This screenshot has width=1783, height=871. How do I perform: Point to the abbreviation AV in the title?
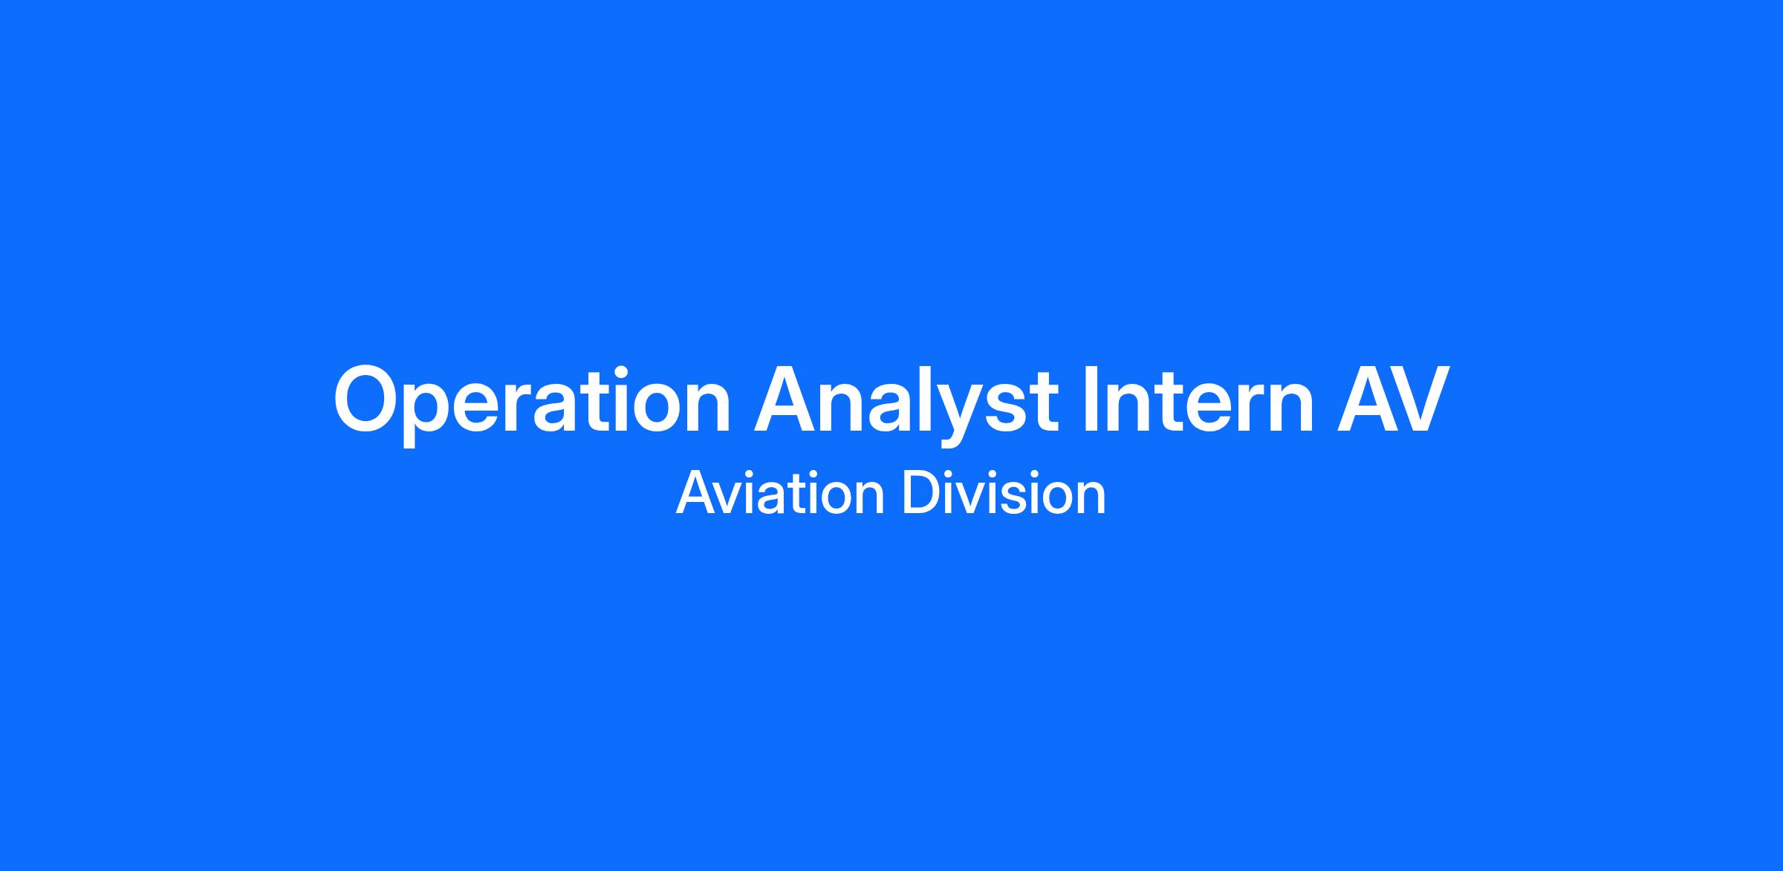coord(1392,399)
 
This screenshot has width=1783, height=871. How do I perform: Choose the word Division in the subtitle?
coord(1004,492)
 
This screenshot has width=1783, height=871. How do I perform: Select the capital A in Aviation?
coord(696,492)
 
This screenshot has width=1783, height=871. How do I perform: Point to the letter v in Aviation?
coord(733,498)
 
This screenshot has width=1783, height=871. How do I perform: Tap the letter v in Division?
coord(971,498)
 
